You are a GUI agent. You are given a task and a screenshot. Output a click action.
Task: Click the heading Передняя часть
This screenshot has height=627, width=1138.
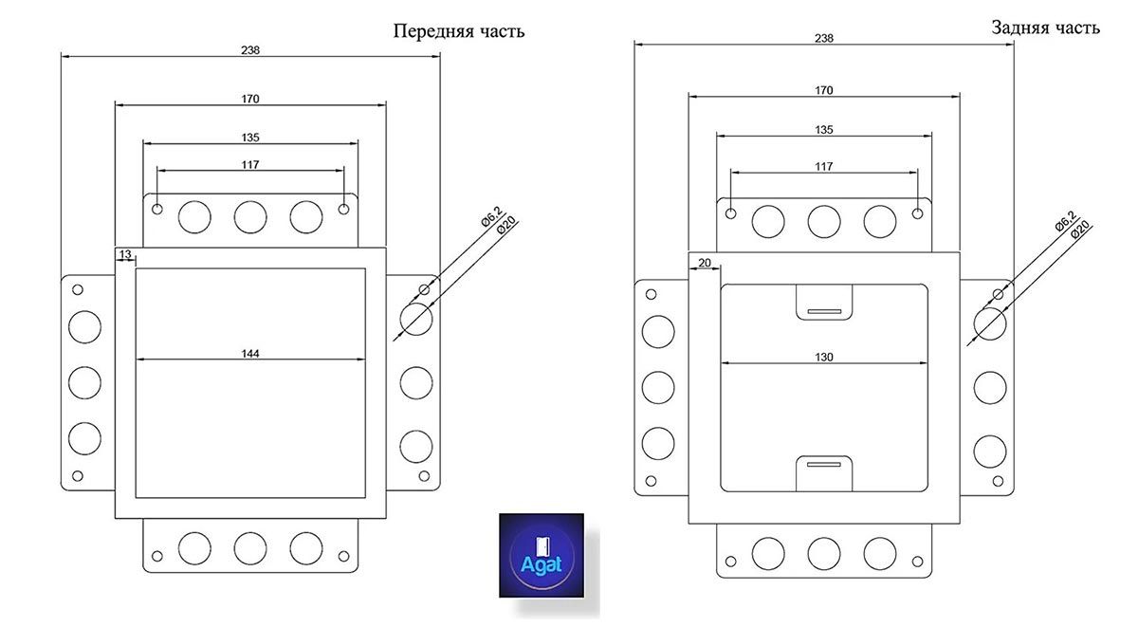(459, 31)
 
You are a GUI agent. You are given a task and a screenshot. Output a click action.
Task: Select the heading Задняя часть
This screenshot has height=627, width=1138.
(1046, 28)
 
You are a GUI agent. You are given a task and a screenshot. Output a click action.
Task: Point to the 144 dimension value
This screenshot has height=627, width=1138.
(250, 353)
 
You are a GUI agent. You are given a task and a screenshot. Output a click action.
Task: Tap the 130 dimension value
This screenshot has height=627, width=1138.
(824, 357)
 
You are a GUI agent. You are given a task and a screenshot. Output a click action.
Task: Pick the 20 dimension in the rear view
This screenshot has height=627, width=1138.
(704, 263)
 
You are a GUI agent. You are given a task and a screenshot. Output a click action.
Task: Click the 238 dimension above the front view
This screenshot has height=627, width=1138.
(250, 50)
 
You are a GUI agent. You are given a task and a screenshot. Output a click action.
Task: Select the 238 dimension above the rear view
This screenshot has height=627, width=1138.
(824, 38)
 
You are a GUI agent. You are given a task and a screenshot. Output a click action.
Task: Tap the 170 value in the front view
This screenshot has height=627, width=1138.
(250, 98)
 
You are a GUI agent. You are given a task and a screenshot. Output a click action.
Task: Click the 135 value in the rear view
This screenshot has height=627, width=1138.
(824, 129)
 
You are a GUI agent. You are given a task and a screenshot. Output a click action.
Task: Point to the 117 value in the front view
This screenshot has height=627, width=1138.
(250, 164)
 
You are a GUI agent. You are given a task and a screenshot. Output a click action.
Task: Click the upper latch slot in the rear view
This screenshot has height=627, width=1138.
(824, 311)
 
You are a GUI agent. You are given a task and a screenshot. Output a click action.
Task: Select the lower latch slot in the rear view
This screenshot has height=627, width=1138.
(824, 464)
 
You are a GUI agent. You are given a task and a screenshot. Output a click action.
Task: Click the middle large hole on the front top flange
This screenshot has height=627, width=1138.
(250, 217)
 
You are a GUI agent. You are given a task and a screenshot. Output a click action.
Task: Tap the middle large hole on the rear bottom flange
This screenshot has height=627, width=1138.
(824, 552)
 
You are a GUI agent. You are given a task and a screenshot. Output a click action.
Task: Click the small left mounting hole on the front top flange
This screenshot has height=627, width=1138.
(157, 209)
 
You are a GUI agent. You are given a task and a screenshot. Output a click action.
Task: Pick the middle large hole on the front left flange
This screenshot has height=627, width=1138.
(84, 382)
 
